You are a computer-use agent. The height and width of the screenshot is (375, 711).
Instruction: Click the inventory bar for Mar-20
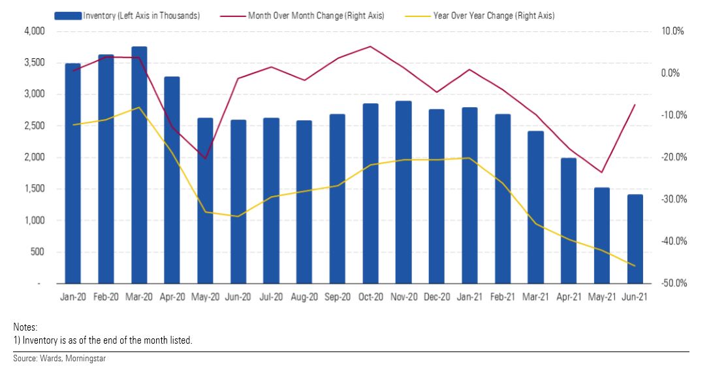click(x=139, y=165)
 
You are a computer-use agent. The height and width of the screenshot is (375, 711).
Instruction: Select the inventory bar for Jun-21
click(x=635, y=239)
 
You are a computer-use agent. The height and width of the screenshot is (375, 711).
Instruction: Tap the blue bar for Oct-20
click(x=370, y=193)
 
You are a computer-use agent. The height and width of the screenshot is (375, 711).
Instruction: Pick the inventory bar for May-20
click(x=205, y=201)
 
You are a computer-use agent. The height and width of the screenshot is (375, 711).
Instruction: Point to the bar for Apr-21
click(x=569, y=221)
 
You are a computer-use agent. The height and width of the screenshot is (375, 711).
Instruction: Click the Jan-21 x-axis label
click(x=470, y=297)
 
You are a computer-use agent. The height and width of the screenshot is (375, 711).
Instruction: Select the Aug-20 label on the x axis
click(x=304, y=297)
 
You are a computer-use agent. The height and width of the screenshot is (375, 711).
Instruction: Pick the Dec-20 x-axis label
click(x=437, y=297)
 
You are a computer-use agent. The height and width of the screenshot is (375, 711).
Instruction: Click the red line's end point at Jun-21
click(x=635, y=105)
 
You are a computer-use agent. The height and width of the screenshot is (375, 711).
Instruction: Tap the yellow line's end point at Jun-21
click(x=635, y=265)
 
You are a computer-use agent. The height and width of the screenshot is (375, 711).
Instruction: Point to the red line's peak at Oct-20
click(x=370, y=46)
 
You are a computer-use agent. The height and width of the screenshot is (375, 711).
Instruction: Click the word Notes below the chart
click(x=25, y=326)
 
